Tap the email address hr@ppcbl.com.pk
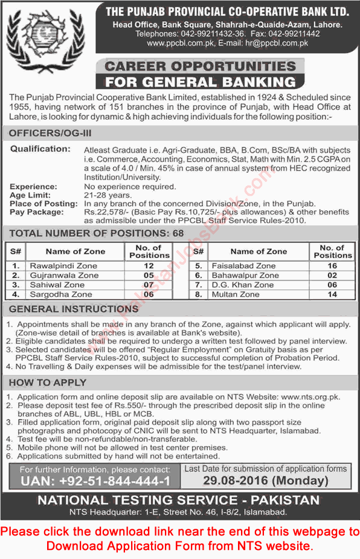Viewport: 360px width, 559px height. click(x=274, y=44)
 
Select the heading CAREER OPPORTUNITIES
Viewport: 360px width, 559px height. click(x=201, y=66)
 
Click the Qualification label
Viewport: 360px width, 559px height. click(x=40, y=149)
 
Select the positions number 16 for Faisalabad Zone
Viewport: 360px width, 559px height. click(x=332, y=265)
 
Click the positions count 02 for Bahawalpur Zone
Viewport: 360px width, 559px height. click(x=332, y=275)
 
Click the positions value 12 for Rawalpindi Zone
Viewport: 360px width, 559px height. click(x=148, y=265)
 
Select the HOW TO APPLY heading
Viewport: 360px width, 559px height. click(x=49, y=383)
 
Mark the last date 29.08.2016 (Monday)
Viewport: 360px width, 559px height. click(x=256, y=480)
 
